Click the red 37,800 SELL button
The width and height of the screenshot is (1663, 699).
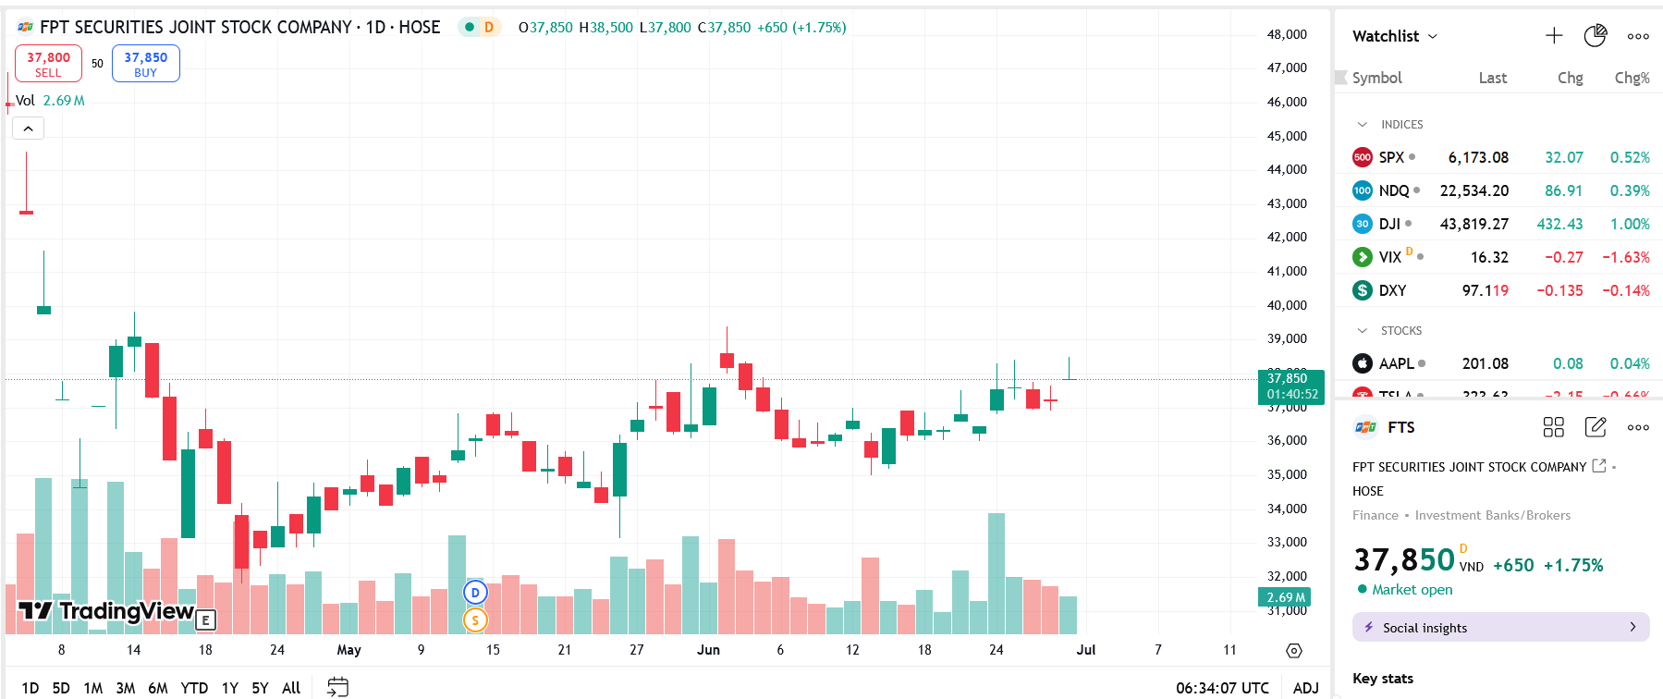(x=48, y=64)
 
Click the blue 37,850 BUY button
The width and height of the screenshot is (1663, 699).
(x=146, y=64)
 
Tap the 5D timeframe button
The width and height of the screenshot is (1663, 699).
(x=61, y=688)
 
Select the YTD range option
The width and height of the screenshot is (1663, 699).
(x=194, y=688)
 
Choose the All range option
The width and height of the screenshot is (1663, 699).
(x=291, y=688)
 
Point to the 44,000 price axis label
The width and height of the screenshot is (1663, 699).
(x=1287, y=169)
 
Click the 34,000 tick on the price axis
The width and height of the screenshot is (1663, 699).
(x=1287, y=509)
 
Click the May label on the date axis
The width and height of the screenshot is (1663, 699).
(x=348, y=650)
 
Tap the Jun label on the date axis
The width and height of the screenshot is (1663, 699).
(x=708, y=650)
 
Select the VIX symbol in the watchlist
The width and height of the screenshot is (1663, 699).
(x=1389, y=257)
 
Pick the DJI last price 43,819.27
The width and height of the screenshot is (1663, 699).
(x=1473, y=224)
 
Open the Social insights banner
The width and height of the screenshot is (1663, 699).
(x=1500, y=627)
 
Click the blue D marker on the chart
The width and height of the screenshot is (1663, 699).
(x=475, y=593)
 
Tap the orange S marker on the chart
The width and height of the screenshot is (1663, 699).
(x=475, y=619)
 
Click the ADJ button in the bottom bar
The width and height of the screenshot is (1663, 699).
(x=1305, y=688)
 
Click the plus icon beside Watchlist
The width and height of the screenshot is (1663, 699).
(x=1554, y=36)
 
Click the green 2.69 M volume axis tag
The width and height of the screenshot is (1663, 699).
(x=1285, y=597)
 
